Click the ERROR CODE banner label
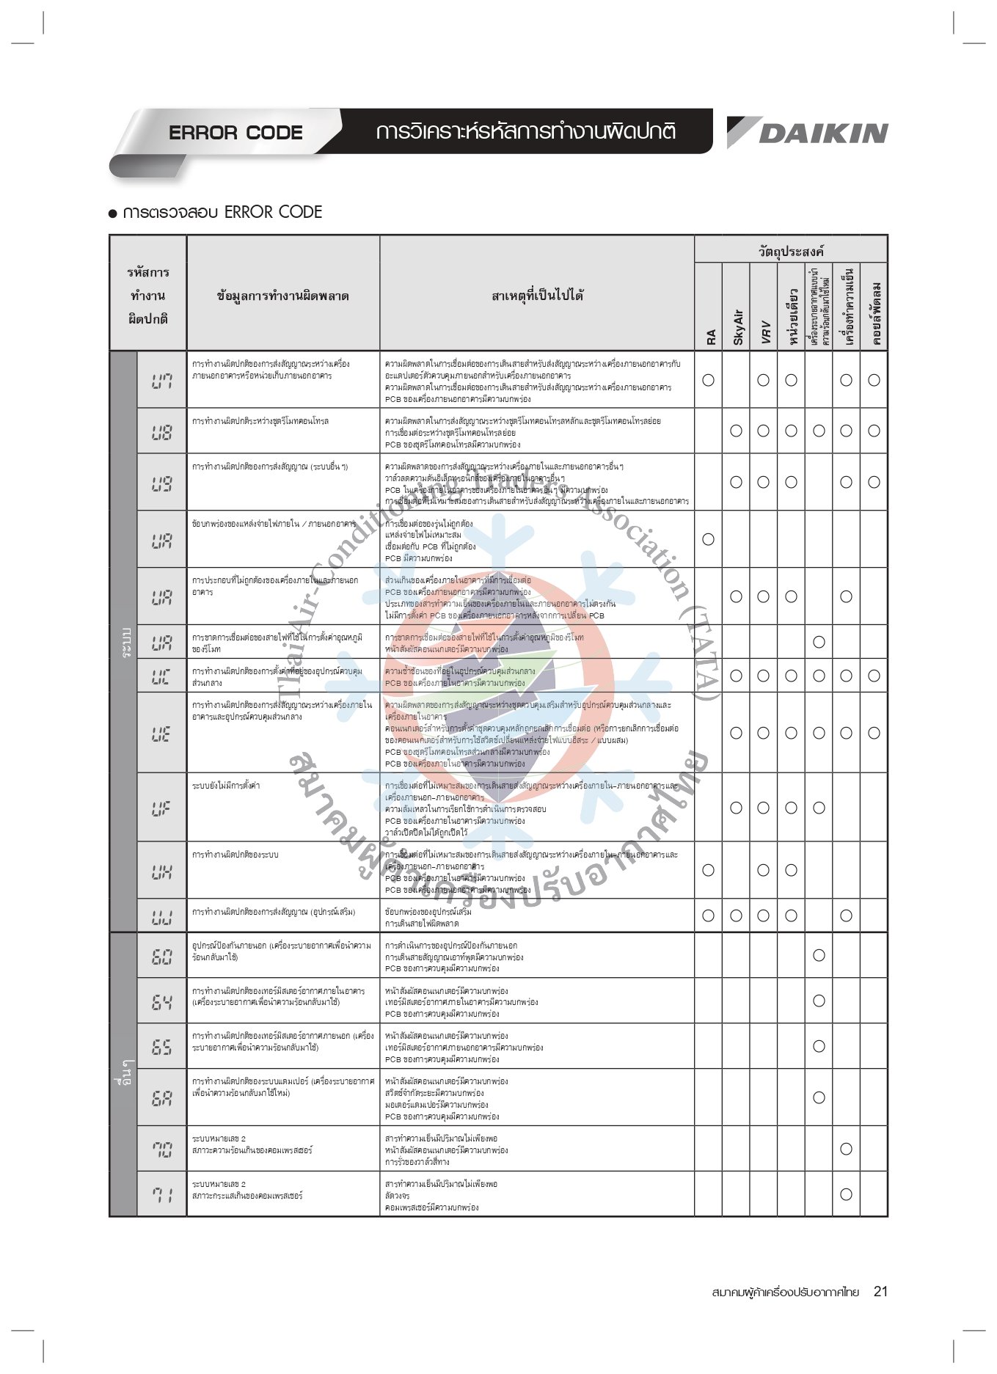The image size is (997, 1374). point(235,133)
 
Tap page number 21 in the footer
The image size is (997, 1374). point(880,1291)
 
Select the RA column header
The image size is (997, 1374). point(709,337)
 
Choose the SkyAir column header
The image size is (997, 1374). point(737,326)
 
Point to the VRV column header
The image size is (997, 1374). point(764,331)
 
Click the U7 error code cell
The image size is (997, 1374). point(161,380)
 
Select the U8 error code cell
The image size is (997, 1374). point(161,431)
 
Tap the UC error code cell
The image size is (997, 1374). point(161,676)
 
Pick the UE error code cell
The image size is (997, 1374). point(161,733)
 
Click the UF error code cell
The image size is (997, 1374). point(161,808)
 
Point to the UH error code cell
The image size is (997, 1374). point(161,870)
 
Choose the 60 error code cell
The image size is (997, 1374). point(161,955)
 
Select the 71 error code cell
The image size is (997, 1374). point(161,1194)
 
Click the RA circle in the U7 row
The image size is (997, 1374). point(708,380)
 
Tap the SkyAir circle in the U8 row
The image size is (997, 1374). point(736,431)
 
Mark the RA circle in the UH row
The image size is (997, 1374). point(708,870)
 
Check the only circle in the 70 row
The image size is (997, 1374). point(846,1149)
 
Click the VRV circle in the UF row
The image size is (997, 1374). point(764,808)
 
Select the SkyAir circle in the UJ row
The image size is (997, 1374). point(736,916)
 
